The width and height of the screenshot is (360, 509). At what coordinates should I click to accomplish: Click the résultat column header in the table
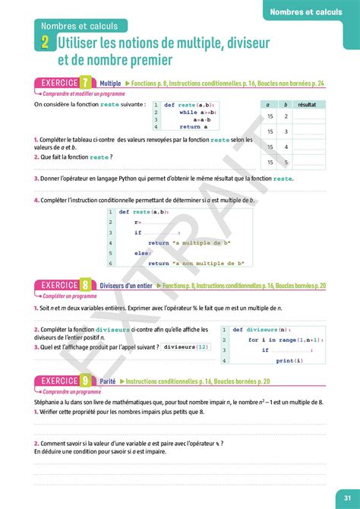tap(308, 103)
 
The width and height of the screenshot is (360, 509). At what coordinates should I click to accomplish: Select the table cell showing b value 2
tap(286, 116)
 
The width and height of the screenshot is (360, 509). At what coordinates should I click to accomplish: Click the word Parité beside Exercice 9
tap(111, 381)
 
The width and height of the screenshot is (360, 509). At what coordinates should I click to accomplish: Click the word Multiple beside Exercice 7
tap(111, 82)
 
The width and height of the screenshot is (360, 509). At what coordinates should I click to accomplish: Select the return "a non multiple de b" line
tap(196, 263)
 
